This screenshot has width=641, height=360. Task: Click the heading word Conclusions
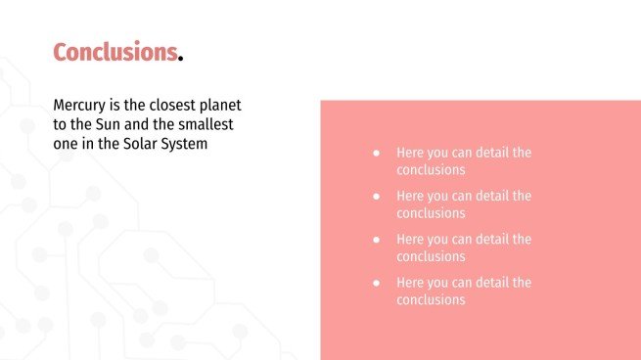click(x=115, y=52)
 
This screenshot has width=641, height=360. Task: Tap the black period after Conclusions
click(x=181, y=60)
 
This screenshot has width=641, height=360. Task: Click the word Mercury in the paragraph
click(x=79, y=106)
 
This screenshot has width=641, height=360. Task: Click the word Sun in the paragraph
click(x=108, y=124)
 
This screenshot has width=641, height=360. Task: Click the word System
click(x=184, y=144)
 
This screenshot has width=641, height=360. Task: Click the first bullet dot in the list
click(x=377, y=154)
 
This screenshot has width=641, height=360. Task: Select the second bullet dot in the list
click(x=377, y=197)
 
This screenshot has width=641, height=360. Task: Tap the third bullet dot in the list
click(x=377, y=240)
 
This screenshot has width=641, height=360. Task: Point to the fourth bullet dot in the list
click(x=377, y=283)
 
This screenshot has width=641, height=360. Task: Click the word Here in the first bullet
click(x=410, y=153)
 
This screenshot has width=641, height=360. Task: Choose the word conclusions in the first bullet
click(x=431, y=170)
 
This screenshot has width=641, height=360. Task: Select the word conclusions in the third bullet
click(x=431, y=256)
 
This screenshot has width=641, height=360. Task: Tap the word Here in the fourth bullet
click(x=410, y=283)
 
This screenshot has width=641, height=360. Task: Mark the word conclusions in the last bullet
click(x=431, y=300)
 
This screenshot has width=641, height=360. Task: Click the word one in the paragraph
click(x=66, y=144)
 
